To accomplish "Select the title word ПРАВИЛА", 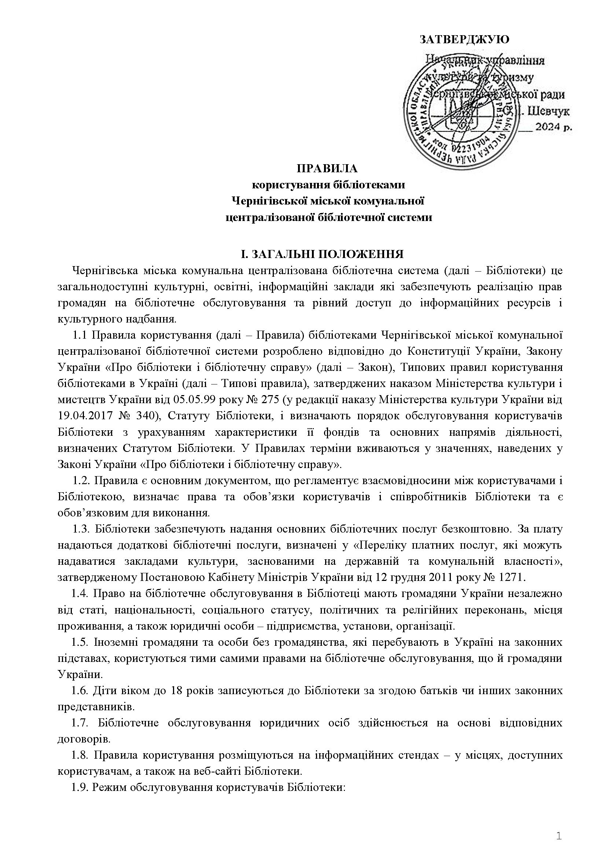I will [x=327, y=169].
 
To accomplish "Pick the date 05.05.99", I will [x=193, y=400].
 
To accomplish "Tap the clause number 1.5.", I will [x=80, y=642].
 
